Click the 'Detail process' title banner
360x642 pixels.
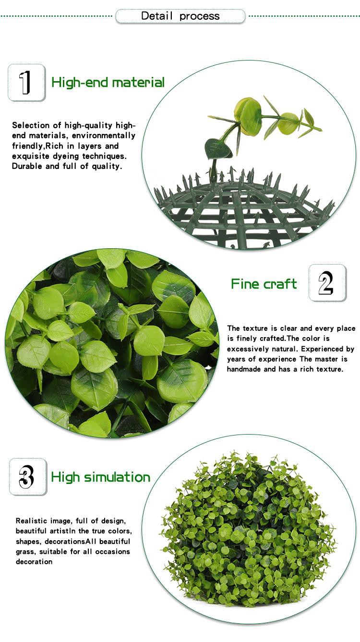click(180, 16)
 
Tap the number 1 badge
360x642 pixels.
click(26, 83)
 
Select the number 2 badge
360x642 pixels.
click(327, 283)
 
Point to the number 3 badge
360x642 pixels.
click(28, 477)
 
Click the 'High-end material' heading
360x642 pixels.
click(108, 83)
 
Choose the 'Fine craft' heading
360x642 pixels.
click(264, 284)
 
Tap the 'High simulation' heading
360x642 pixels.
click(101, 477)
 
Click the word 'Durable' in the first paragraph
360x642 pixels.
click(27, 167)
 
